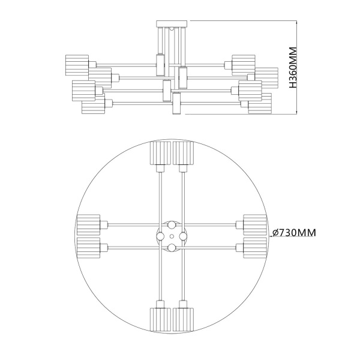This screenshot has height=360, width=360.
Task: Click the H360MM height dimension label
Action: click(x=293, y=67)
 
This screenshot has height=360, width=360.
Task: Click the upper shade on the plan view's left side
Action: click(x=89, y=225)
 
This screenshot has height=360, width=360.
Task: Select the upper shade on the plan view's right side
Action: click(x=254, y=225)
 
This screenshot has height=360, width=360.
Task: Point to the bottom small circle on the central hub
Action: click(x=172, y=246)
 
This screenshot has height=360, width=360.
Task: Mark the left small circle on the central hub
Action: click(x=161, y=236)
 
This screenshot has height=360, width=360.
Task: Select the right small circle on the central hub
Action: click(x=182, y=236)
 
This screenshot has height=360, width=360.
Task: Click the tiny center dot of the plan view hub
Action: click(x=172, y=236)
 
